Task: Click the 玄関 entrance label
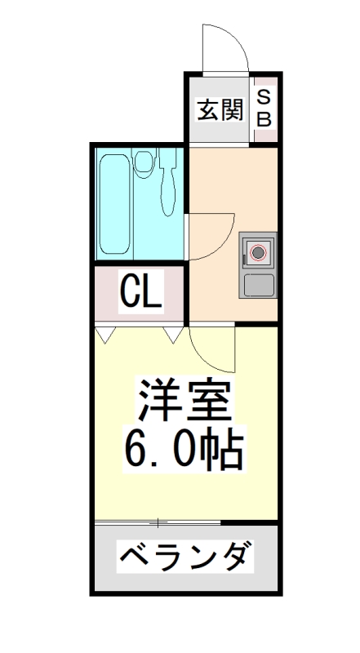(x=220, y=109)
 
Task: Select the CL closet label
(x=140, y=291)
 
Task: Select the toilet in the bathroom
(x=145, y=163)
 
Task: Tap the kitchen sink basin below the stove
(x=260, y=285)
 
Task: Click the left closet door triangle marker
(x=104, y=333)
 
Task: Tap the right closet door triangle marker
(x=173, y=333)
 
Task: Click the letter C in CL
(x=129, y=291)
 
